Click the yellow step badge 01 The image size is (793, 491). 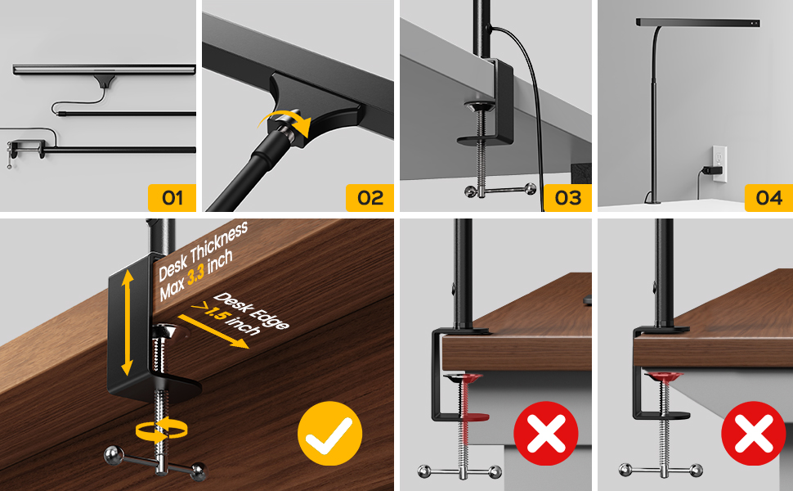(172, 198)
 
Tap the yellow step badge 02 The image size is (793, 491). (370, 198)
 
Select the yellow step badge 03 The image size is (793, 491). (567, 198)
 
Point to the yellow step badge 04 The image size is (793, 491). (768, 198)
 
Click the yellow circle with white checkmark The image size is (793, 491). (329, 434)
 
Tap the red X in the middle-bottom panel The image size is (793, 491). (545, 434)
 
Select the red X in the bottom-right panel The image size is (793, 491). (753, 434)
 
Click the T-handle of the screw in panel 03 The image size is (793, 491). (499, 191)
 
